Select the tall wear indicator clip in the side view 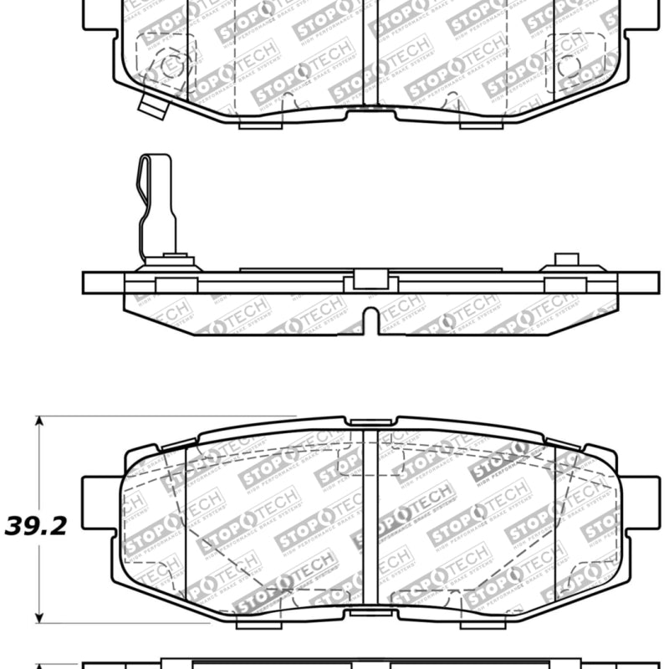[x=156, y=205]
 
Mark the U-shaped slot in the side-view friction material [x=370, y=319]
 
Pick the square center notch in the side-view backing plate [x=370, y=280]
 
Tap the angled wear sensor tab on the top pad [x=153, y=106]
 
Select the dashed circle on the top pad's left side [x=171, y=65]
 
